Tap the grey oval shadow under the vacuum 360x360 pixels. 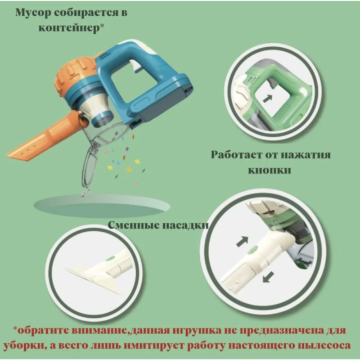(x=101, y=205)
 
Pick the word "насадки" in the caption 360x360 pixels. (x=185, y=225)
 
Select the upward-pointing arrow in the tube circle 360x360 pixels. (x=243, y=241)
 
